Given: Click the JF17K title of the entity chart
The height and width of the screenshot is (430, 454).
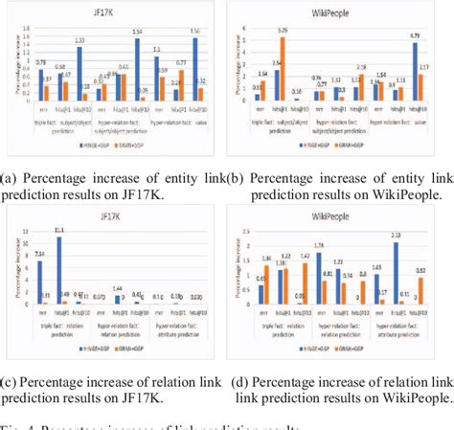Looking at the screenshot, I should pyautogui.click(x=113, y=11).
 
